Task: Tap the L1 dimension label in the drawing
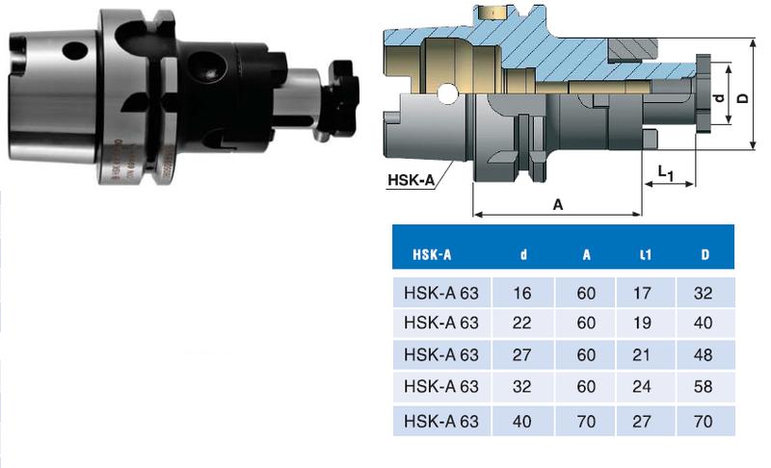[664, 171]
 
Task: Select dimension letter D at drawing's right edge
[742, 97]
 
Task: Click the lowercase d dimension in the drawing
[717, 100]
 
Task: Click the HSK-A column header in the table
[432, 255]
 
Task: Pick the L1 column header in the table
[646, 255]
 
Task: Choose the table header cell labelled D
[706, 255]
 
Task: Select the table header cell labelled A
[586, 255]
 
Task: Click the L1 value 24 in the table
[646, 387]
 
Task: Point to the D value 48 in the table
[705, 355]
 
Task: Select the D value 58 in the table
[705, 387]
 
